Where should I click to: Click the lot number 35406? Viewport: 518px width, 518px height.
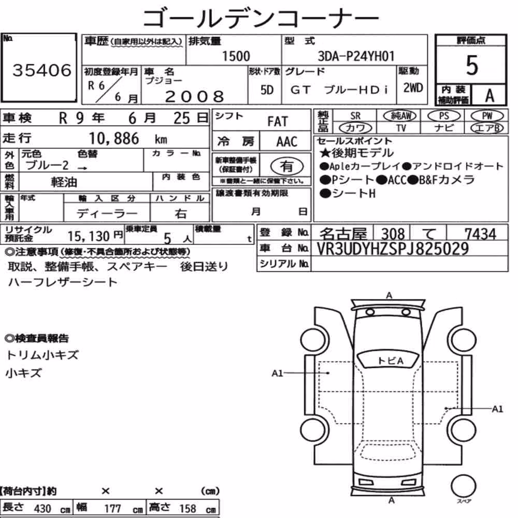tap(42, 70)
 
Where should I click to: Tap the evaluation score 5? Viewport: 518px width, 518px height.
tap(472, 65)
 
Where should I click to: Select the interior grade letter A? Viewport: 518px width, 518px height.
tap(490, 96)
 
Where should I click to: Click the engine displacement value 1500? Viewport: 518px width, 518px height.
tap(236, 56)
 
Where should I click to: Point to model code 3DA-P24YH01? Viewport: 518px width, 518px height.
tap(356, 56)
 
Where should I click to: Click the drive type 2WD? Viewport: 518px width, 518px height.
tap(413, 88)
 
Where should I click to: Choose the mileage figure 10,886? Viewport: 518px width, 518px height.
tap(114, 139)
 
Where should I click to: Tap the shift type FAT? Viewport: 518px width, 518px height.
tap(278, 122)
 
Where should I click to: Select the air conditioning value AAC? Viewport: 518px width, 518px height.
tap(287, 142)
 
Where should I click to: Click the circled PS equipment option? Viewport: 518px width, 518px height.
tap(444, 116)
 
